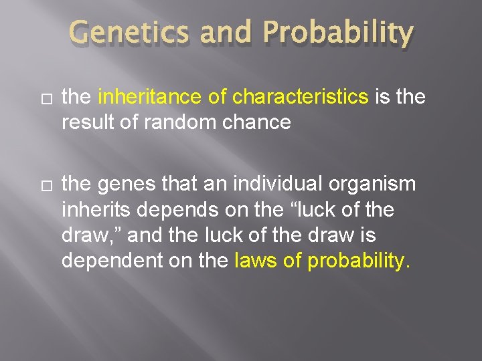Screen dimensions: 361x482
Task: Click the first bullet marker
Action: (45, 98)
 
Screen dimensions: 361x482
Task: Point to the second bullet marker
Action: (45, 185)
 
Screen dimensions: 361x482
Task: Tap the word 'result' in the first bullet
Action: (82, 123)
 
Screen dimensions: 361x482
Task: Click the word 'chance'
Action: (257, 123)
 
